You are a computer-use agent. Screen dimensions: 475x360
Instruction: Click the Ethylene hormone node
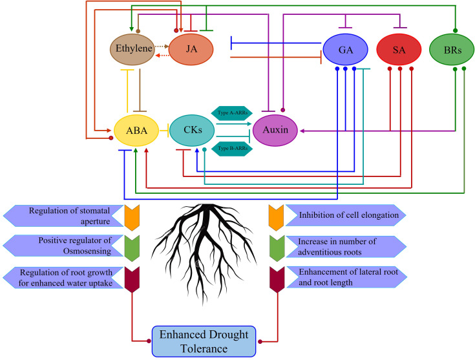132,49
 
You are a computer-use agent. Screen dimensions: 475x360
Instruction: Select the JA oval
191,49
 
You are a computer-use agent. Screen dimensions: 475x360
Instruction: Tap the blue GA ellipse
345,49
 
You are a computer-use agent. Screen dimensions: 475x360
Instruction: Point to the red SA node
399,49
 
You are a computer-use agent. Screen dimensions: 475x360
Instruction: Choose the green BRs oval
452,49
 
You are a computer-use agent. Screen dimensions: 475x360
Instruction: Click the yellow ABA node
136,131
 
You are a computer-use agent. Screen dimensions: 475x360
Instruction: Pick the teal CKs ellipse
192,131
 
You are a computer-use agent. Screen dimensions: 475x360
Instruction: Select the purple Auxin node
275,131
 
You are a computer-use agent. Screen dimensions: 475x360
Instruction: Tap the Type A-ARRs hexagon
232,113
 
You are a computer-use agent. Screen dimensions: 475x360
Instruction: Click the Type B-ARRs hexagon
232,149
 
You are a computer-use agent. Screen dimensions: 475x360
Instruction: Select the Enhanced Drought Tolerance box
204,341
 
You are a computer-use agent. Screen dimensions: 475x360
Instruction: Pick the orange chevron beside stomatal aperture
132,218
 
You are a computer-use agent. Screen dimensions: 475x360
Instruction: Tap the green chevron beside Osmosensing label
132,248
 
